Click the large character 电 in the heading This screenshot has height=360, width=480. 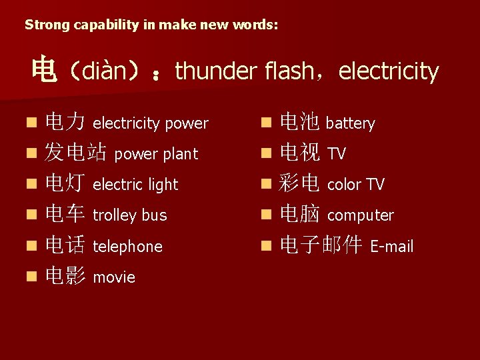[45, 71]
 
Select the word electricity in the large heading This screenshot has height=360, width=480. [389, 71]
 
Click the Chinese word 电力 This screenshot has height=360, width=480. [65, 123]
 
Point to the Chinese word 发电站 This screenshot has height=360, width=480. [75, 153]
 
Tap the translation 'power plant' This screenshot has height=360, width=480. [156, 154]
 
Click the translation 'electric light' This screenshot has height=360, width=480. [135, 185]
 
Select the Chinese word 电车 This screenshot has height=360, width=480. [65, 215]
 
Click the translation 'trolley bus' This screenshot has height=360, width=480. [129, 215]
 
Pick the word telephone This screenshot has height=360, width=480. [127, 247]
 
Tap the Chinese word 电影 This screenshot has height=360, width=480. [65, 277]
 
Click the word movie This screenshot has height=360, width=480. [114, 277]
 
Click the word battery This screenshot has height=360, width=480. [350, 123]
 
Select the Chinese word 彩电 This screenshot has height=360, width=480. [299, 184]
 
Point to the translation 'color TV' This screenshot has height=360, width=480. [355, 185]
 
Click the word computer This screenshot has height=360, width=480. [360, 215]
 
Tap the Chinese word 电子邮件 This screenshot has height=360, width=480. [321, 246]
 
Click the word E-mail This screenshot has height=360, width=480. [392, 247]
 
